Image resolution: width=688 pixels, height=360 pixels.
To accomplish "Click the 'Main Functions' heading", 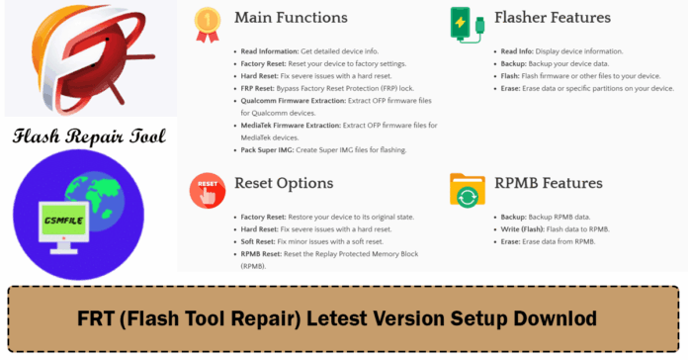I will pyautogui.click(x=291, y=18).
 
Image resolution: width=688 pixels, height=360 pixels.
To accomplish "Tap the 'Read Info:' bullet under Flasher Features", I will pyautogui.click(x=518, y=49).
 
